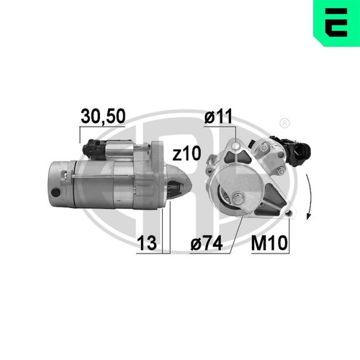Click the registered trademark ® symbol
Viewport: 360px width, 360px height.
pos(284,122)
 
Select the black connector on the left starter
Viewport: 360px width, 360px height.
pos(96,150)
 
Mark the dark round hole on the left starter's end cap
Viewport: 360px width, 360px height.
pos(56,194)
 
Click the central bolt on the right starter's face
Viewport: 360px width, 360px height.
pos(237,196)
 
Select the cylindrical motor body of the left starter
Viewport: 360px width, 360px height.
pos(86,184)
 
